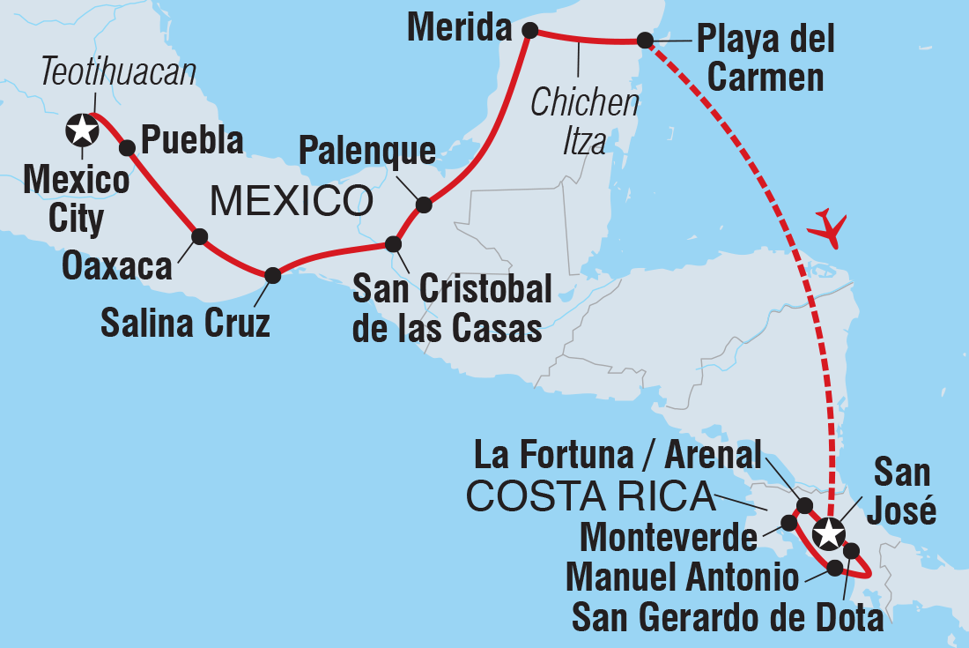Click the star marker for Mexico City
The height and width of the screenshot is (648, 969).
(82, 130)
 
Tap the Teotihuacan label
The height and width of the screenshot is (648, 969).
(119, 73)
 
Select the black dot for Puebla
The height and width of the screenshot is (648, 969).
(127, 147)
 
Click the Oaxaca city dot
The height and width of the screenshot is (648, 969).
(200, 236)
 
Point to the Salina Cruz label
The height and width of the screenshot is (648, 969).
(185, 324)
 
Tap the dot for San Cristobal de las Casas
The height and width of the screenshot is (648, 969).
(394, 243)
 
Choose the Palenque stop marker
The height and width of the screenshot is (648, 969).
(424, 205)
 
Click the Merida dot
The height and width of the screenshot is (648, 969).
(530, 31)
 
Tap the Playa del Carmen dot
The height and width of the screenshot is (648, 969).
(645, 40)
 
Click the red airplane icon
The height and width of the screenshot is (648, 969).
(826, 227)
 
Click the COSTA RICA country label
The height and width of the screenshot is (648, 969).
(590, 497)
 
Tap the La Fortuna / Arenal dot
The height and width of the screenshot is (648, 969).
(804, 505)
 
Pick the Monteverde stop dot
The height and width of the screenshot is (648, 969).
(788, 523)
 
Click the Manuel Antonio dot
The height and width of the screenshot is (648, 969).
(834, 568)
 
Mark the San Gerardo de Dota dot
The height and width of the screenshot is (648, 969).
(851, 551)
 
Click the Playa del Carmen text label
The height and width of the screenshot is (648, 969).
(765, 58)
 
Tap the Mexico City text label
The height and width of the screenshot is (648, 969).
(76, 199)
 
